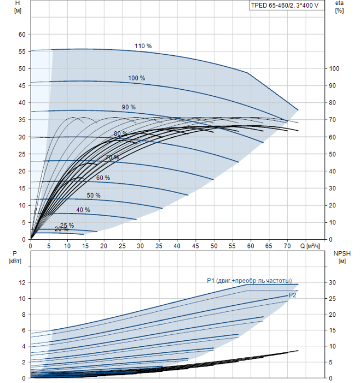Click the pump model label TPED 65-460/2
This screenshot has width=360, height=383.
pos(272,5)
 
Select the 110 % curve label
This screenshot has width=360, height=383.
pos(143,46)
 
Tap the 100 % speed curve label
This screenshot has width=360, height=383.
pos(137,78)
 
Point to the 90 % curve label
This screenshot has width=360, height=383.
pos(129,107)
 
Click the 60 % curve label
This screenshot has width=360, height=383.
pos(103,178)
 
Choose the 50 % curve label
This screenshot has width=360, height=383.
pos(94,195)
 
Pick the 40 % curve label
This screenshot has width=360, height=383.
pos(83,210)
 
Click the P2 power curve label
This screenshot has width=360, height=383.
pos(292,295)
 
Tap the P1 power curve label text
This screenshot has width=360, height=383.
pos(249,281)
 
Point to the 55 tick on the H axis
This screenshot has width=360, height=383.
pos(22,51)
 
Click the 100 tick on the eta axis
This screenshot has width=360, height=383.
pos(334,68)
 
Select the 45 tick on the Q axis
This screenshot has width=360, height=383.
pos(195,246)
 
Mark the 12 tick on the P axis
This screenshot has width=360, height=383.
pos(22,283)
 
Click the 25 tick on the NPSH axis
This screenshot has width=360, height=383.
pos(332,299)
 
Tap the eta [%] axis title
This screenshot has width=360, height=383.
pos(340,7)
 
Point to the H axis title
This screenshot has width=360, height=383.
pos(18,7)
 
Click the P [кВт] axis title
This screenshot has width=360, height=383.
pos(15,257)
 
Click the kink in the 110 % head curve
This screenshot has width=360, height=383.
pos(247,73)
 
